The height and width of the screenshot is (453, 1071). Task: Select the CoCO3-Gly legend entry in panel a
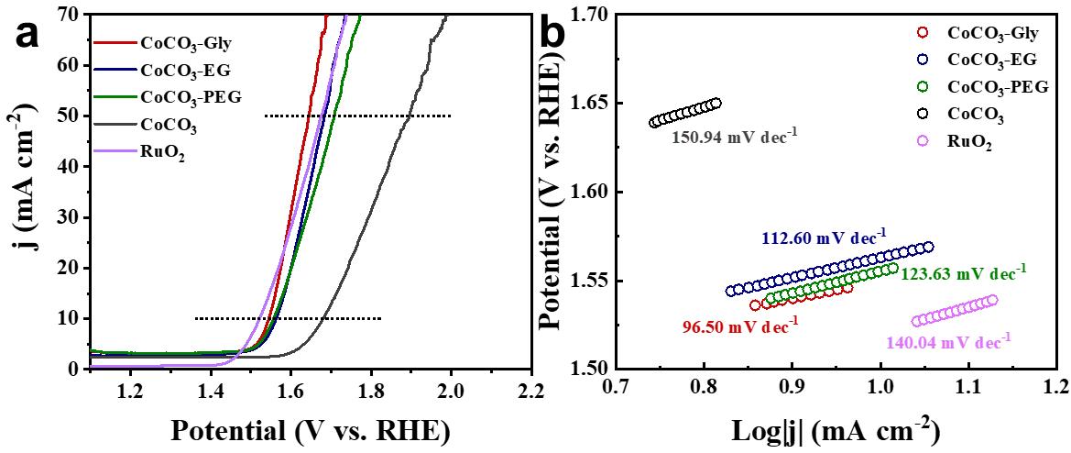pyautogui.click(x=179, y=42)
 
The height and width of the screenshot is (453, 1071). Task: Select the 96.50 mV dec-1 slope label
pyautogui.click(x=741, y=326)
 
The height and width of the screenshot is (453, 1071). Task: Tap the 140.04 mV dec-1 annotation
pyautogui.click(x=947, y=341)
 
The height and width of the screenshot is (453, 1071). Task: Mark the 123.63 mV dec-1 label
pyautogui.click(x=964, y=273)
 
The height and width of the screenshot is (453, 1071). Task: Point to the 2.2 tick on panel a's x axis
pyautogui.click(x=529, y=392)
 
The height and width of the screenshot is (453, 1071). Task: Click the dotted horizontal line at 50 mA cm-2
pyautogui.click(x=357, y=116)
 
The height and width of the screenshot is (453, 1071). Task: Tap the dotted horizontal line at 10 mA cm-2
pyautogui.click(x=287, y=318)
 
